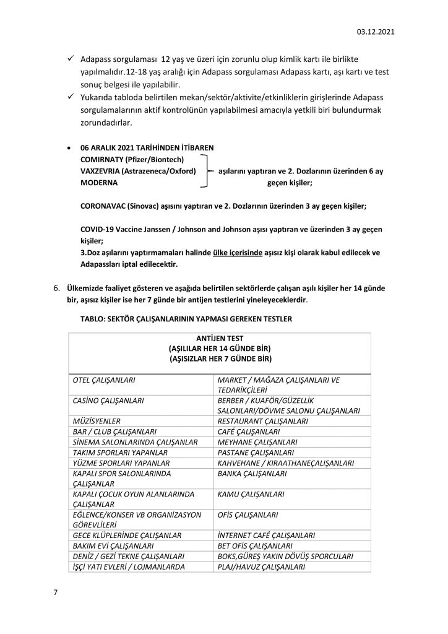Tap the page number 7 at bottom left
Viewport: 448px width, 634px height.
pos(55,593)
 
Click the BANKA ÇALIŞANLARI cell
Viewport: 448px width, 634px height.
pos(252,473)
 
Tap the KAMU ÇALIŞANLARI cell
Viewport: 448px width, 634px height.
pos(251,494)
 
